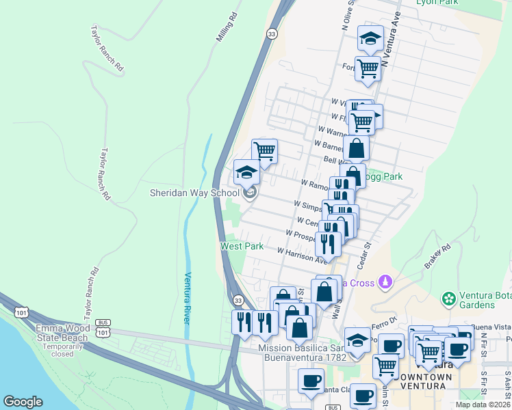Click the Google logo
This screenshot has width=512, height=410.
click(x=23, y=402)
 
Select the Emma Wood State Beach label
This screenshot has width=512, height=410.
click(x=62, y=333)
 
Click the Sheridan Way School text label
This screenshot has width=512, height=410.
click(x=195, y=193)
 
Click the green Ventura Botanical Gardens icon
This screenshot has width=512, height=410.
click(x=449, y=299)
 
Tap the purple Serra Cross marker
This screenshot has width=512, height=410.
click(x=386, y=281)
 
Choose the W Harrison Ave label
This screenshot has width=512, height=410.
click(x=303, y=255)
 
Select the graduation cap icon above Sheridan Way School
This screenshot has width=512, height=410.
click(x=246, y=172)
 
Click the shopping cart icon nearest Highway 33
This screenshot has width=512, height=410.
click(x=264, y=150)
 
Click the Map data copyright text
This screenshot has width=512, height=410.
click(x=483, y=404)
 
